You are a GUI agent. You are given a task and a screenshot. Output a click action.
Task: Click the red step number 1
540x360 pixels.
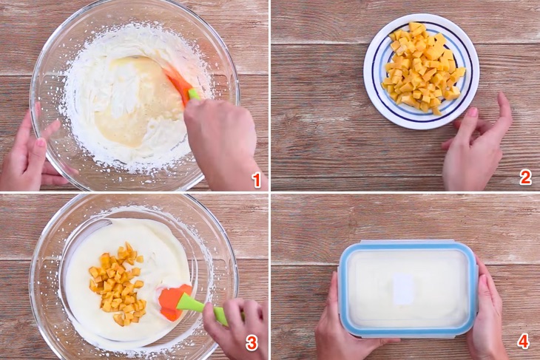pos(256,180)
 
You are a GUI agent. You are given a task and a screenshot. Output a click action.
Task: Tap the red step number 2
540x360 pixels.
pos(525,177)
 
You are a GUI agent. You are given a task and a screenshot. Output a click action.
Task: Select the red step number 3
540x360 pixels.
pos(252,343)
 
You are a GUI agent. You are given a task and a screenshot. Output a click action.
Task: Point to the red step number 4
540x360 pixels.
pos(523,342)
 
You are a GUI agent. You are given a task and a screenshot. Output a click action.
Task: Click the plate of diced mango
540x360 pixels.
pos(421,71)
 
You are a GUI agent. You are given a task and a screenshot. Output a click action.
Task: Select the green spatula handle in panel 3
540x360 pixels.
pos(203,308)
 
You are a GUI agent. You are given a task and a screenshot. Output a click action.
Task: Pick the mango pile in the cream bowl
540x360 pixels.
pos(117,284)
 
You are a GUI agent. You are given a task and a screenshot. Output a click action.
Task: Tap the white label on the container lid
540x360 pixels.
pos(403,289)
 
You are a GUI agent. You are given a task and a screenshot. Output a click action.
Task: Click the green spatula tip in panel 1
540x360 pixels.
pos(193,94)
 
